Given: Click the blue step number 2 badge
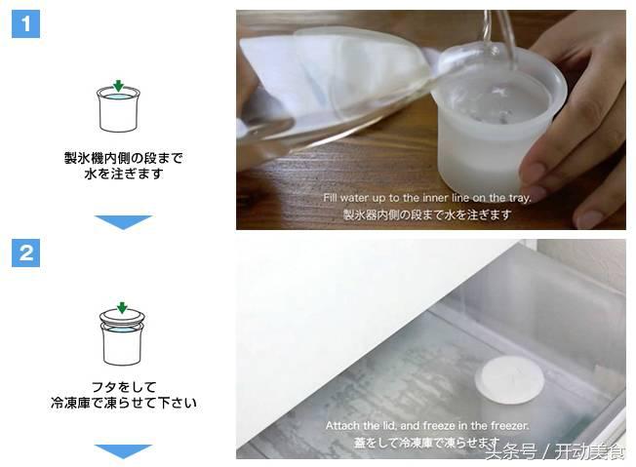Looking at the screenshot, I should point(25,254).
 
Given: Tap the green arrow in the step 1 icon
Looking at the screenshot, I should point(118,86).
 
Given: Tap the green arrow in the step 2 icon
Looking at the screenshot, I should point(121,308).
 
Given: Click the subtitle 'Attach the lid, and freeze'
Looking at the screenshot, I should point(427,426).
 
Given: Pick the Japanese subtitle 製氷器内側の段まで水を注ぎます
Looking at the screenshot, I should point(427,214).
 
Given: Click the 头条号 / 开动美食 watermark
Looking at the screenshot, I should point(556,452).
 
